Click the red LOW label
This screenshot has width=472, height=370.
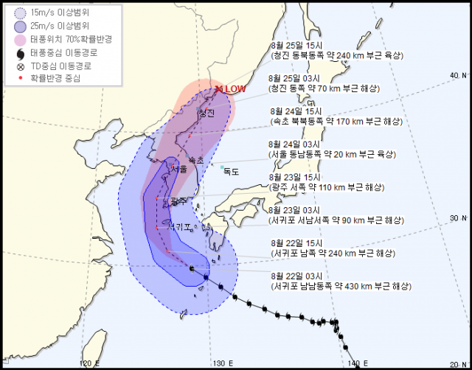coord(235,89)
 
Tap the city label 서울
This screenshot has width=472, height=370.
coord(179,169)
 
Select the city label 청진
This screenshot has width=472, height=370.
coord(206,114)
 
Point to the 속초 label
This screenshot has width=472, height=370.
coord(196,159)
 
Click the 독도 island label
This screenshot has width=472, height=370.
coord(232,172)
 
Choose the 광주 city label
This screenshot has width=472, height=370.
coord(178,200)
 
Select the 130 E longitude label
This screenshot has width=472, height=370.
coord(219,363)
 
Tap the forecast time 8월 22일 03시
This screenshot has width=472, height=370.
coord(298,276)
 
